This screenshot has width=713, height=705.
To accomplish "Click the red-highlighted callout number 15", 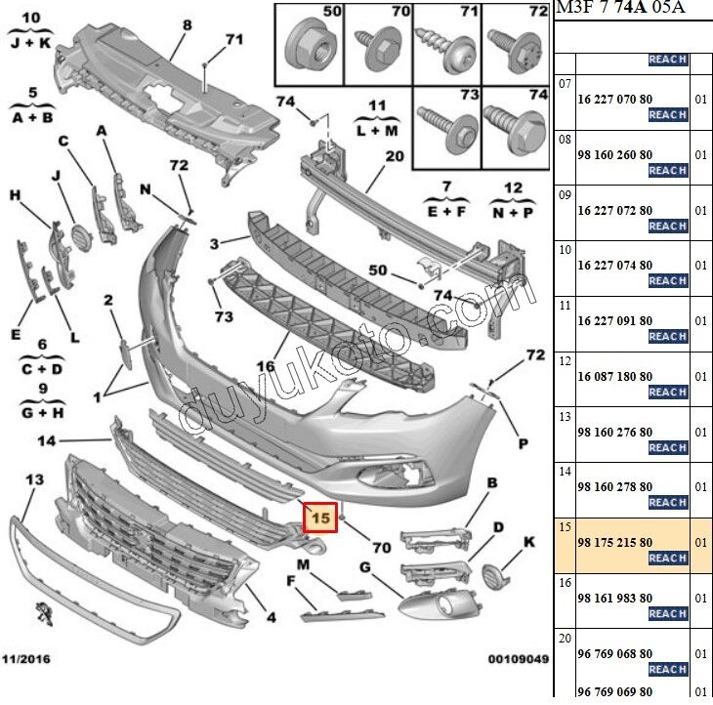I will pyautogui.click(x=319, y=517).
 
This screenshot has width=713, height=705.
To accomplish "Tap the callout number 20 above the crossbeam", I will pyautogui.click(x=394, y=156).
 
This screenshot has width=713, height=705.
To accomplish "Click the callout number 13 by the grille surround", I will pyautogui.click(x=34, y=480).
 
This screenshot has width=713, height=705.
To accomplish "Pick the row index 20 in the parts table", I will pyautogui.click(x=565, y=637).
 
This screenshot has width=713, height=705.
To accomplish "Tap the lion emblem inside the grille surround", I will pyautogui.click(x=43, y=614).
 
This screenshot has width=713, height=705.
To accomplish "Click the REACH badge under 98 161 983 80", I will pyautogui.click(x=668, y=613).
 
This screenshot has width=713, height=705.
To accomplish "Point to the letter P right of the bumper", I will pyautogui.click(x=523, y=444).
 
